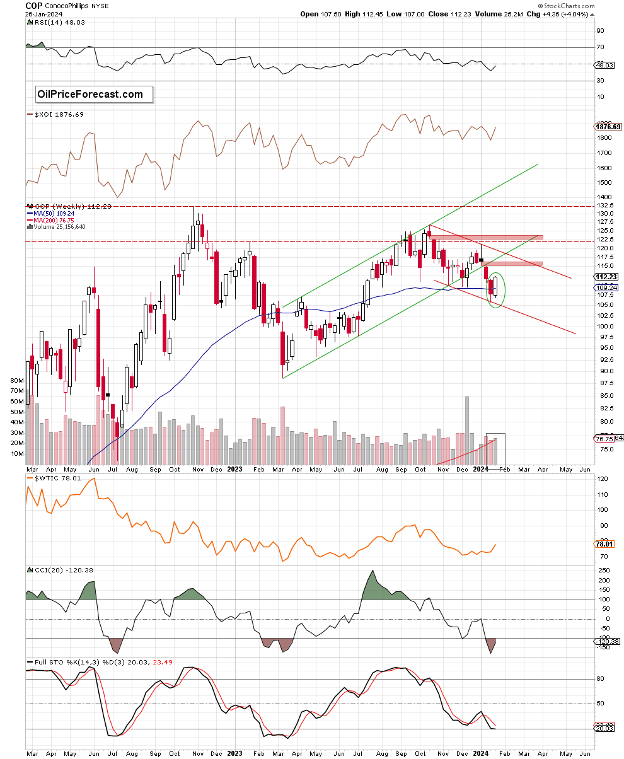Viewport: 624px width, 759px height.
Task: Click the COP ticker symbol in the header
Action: tap(35, 4)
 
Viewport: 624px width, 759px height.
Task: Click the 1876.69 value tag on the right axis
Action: tap(608, 127)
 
